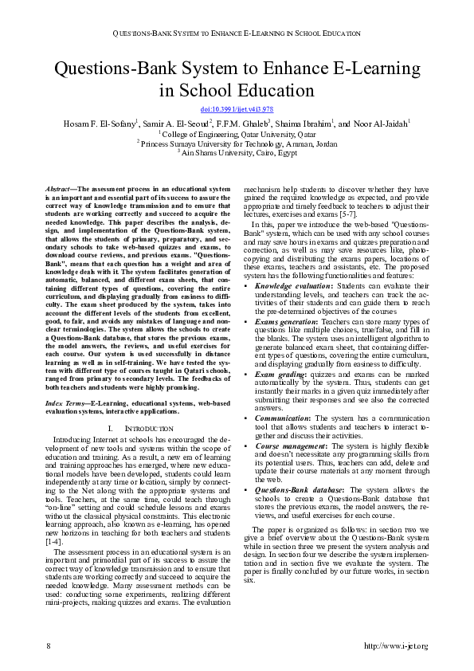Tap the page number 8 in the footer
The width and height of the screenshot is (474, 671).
49,644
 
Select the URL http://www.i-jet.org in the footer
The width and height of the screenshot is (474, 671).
395,644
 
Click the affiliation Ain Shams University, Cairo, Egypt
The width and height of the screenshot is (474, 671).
237,151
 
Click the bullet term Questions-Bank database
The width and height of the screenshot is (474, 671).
298,489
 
